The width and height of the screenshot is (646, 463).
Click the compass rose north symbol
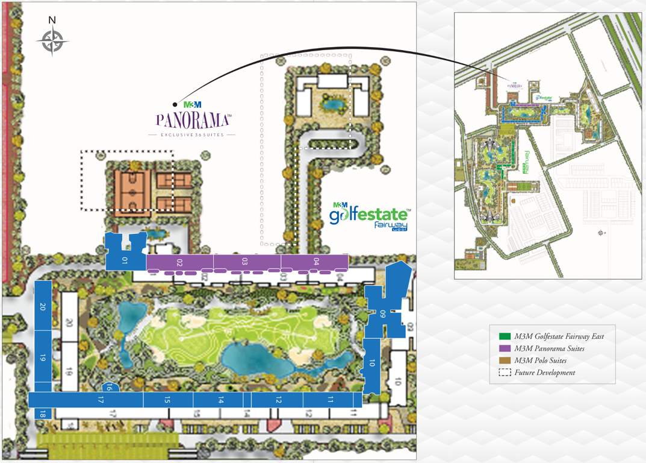pyautogui.click(x=52, y=40)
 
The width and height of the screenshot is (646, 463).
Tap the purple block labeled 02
pyautogui.click(x=179, y=262)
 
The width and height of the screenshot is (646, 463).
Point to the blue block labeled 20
pyautogui.click(x=43, y=306)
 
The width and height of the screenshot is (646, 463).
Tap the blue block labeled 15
pyautogui.click(x=168, y=400)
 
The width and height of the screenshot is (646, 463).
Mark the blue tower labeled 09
pyautogui.click(x=385, y=312)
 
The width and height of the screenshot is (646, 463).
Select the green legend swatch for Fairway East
pyautogui.click(x=503, y=336)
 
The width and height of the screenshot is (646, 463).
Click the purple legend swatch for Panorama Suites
pyautogui.click(x=503, y=348)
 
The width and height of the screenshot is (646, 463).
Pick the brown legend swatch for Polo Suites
pyautogui.click(x=503, y=361)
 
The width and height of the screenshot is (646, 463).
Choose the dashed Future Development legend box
pyautogui.click(x=503, y=373)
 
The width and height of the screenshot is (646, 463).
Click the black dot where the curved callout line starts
pyautogui.click(x=175, y=104)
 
